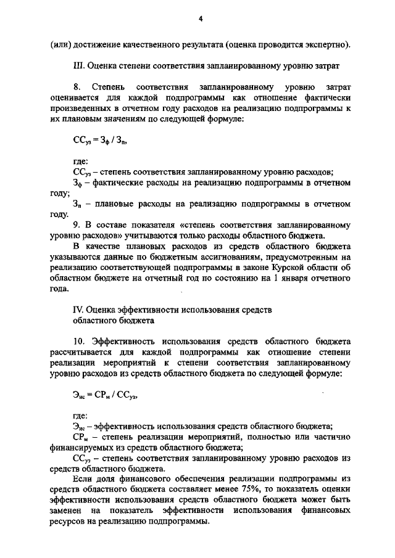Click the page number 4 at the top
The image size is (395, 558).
[x=201, y=19]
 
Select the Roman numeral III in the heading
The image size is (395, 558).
[x=78, y=65]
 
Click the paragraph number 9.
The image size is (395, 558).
[x=77, y=224]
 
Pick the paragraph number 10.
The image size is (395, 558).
[x=79, y=341]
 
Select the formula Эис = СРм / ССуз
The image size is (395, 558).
[x=101, y=396]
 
